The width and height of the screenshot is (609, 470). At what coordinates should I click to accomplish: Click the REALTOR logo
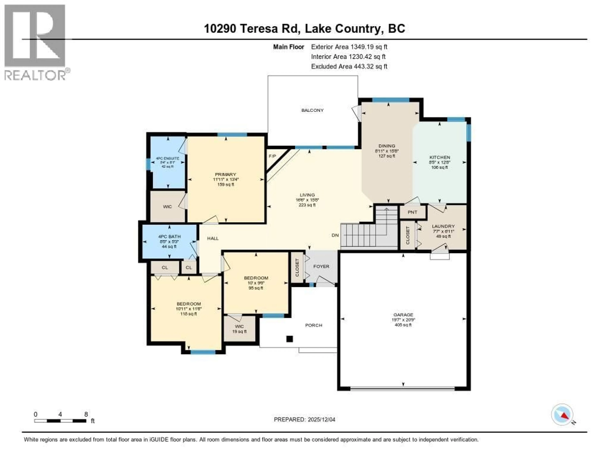pyautogui.click(x=35, y=42)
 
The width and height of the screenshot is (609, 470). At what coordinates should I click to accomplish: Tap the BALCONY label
pyautogui.click(x=312, y=110)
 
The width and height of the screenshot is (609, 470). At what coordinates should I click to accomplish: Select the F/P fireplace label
pyautogui.click(x=272, y=156)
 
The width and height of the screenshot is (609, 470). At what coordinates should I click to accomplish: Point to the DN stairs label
pyautogui.click(x=335, y=235)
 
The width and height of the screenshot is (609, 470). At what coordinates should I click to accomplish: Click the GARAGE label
pyautogui.click(x=403, y=315)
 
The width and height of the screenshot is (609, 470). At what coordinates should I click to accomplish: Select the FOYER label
pyautogui.click(x=321, y=266)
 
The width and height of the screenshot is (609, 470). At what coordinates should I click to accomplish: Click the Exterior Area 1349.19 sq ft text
pyautogui.click(x=349, y=47)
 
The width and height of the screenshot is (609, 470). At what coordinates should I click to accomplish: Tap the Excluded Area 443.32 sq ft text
pyautogui.click(x=349, y=66)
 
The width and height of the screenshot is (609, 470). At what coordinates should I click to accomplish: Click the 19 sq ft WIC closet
pyautogui.click(x=239, y=329)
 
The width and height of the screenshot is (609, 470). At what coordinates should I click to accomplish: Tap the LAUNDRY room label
pyautogui.click(x=443, y=226)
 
